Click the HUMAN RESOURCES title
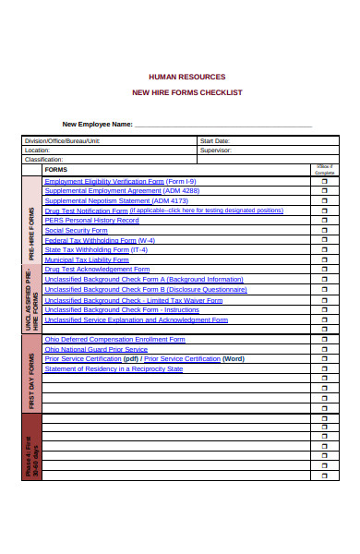click(x=186, y=77)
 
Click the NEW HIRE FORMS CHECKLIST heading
click(x=186, y=92)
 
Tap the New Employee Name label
click(x=97, y=124)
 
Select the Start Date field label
click(x=215, y=140)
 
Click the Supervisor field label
click(x=216, y=150)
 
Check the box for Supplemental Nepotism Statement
click(x=324, y=201)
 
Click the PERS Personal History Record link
click(x=91, y=220)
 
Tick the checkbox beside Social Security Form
click(x=324, y=231)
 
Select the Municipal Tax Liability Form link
click(x=87, y=259)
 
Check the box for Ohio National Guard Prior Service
click(x=324, y=349)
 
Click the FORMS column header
click(x=56, y=170)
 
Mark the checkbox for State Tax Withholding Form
click(x=324, y=250)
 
